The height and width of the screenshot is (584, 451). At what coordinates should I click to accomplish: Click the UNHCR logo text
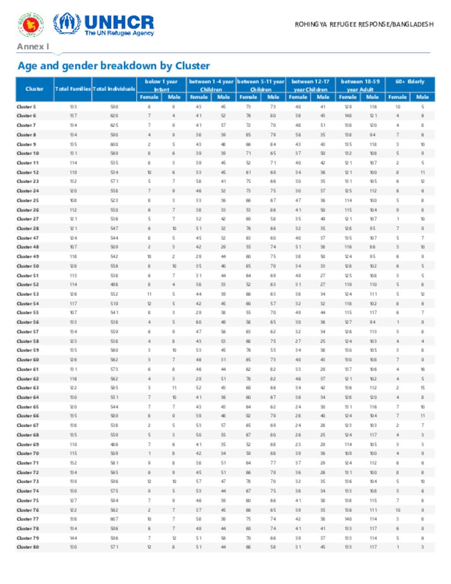click(x=119, y=22)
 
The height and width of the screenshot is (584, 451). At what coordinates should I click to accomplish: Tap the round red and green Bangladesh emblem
click(x=30, y=25)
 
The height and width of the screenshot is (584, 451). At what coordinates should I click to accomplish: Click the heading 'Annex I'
click(x=33, y=46)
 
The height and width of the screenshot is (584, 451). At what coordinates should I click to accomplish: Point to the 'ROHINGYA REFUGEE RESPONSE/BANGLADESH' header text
click(x=364, y=24)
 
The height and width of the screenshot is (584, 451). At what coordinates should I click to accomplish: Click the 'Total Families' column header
click(x=73, y=89)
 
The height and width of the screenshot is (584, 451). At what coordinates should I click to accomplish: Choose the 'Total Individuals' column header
click(x=114, y=89)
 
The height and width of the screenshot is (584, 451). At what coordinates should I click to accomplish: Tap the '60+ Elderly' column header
click(x=410, y=82)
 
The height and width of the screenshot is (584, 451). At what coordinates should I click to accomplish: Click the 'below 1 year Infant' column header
click(x=161, y=85)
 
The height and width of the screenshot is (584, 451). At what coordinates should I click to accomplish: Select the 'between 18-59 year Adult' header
click(x=360, y=85)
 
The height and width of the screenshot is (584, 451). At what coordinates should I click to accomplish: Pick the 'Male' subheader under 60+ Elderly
click(x=422, y=97)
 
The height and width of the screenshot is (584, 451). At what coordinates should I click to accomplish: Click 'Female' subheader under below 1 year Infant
click(x=149, y=97)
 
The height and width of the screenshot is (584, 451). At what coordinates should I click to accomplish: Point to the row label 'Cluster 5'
click(x=26, y=107)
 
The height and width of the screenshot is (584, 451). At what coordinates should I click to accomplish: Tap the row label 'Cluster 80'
click(x=28, y=547)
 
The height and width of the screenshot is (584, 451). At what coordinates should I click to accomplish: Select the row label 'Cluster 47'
click(x=28, y=238)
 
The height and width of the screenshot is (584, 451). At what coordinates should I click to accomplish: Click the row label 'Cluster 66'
click(x=28, y=416)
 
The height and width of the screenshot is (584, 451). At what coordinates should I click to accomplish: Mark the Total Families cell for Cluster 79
click(x=73, y=538)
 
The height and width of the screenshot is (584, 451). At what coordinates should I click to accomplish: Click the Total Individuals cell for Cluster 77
click(x=114, y=519)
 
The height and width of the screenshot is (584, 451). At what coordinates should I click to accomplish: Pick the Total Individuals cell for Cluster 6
click(x=114, y=115)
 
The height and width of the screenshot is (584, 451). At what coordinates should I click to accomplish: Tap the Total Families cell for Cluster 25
click(x=73, y=200)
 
